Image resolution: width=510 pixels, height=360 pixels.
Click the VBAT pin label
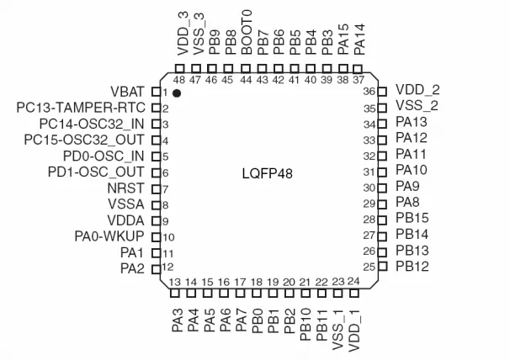tap(129, 91)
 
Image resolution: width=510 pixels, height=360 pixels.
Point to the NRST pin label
tap(129, 188)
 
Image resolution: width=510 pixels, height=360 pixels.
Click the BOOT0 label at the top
tap(247, 33)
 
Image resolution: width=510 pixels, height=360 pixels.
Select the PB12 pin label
tap(412, 267)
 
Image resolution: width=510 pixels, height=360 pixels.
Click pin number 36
tap(369, 91)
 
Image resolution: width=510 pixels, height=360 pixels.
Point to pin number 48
tap(179, 79)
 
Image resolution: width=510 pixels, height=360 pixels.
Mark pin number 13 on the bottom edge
tap(176, 282)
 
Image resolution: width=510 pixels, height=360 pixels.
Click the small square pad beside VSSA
tap(155, 204)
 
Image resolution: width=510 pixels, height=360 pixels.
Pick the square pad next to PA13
tap(383, 123)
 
